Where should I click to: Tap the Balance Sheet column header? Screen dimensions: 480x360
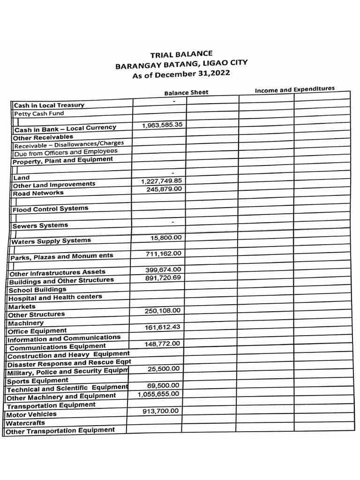pos(186,92)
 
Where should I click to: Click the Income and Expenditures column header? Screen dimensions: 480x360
pos(294,89)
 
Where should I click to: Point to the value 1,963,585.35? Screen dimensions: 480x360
pos(162,126)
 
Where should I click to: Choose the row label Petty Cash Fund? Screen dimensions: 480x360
pos(39,113)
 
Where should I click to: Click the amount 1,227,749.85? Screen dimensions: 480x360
pos(161,181)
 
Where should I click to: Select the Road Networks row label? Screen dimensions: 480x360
pos(38,193)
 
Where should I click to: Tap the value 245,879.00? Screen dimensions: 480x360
pos(164,189)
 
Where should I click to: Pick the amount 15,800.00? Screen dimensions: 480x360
pos(166,238)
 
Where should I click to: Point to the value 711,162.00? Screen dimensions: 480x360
pos(164,254)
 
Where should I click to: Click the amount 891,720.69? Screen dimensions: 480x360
pos(163,278)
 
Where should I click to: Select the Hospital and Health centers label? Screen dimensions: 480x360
pos(55,298)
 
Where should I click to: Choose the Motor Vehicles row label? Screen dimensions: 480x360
pos(31,414)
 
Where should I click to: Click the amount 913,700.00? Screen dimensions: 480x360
pos(160,411)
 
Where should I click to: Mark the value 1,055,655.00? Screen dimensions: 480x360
pos(158,394)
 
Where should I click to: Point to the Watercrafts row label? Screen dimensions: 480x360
pos(25,423)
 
